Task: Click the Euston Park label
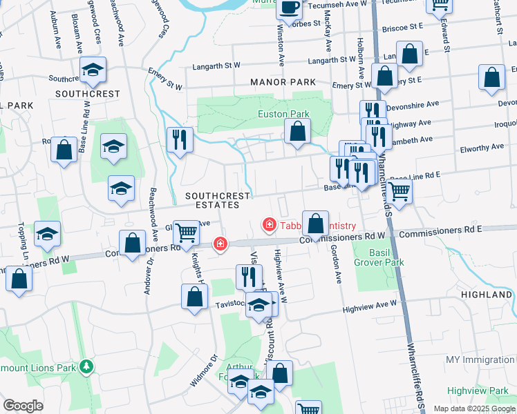(x=283, y=114)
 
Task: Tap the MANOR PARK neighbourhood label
(x=283, y=82)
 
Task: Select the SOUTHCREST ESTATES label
(x=217, y=200)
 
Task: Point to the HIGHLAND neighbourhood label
(x=487, y=295)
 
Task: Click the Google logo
(x=23, y=406)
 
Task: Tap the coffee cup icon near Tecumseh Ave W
(x=289, y=7)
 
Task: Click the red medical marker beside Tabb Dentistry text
(x=267, y=225)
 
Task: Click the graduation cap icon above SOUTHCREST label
(x=92, y=70)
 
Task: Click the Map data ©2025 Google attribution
(x=473, y=408)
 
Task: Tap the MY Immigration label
(x=480, y=360)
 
